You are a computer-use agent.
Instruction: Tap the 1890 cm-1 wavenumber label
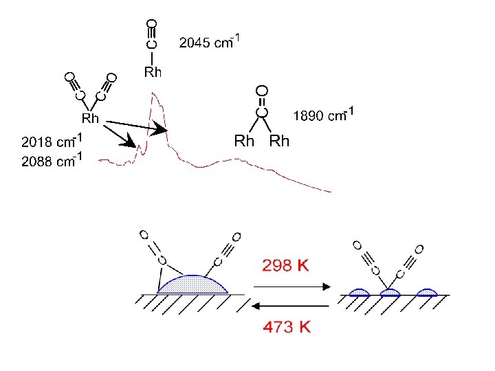(324, 114)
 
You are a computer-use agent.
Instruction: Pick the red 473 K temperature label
(286, 327)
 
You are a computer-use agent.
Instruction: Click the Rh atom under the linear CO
(152, 71)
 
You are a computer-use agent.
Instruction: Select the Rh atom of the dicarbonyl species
(91, 119)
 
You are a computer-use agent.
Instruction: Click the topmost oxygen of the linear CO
(152, 24)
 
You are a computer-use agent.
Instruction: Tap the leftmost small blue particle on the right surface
(359, 292)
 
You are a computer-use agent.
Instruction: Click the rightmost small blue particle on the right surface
(427, 292)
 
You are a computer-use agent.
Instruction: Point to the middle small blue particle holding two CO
(390, 292)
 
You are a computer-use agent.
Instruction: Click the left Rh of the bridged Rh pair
(245, 142)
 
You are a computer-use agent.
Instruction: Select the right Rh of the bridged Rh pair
(279, 142)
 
